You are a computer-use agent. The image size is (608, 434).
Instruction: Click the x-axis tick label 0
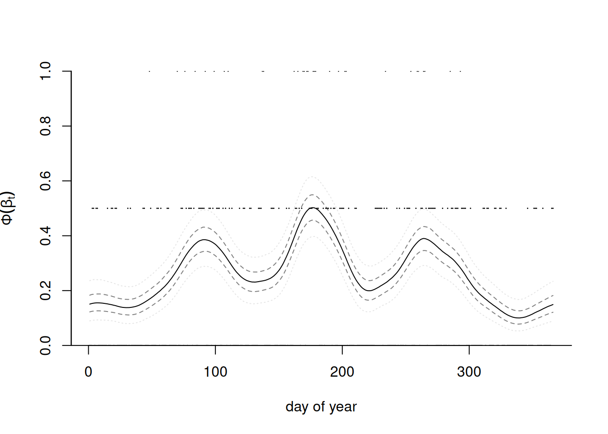point(89,372)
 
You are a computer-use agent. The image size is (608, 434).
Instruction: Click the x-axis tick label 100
point(215,372)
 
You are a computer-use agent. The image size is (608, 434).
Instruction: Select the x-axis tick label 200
point(342,372)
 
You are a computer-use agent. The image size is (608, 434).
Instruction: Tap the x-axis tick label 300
point(469,372)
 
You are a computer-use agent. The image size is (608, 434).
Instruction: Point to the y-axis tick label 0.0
point(46,345)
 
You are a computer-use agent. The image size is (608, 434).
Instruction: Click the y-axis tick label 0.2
point(46,290)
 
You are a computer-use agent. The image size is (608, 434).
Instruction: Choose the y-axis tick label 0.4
point(46,236)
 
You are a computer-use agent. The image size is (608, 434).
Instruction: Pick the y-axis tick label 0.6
point(46,181)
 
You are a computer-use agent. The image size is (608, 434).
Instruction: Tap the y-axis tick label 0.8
point(46,126)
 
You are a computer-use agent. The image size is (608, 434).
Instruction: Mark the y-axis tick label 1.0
point(46,71)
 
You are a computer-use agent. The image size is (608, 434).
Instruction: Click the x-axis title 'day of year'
point(321,407)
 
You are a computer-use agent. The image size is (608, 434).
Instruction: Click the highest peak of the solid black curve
point(312,208)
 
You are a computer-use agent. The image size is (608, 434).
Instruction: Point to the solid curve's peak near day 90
point(204,240)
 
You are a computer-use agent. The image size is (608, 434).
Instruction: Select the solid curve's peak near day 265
point(424,238)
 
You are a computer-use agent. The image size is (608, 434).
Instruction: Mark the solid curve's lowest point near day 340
point(519,318)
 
